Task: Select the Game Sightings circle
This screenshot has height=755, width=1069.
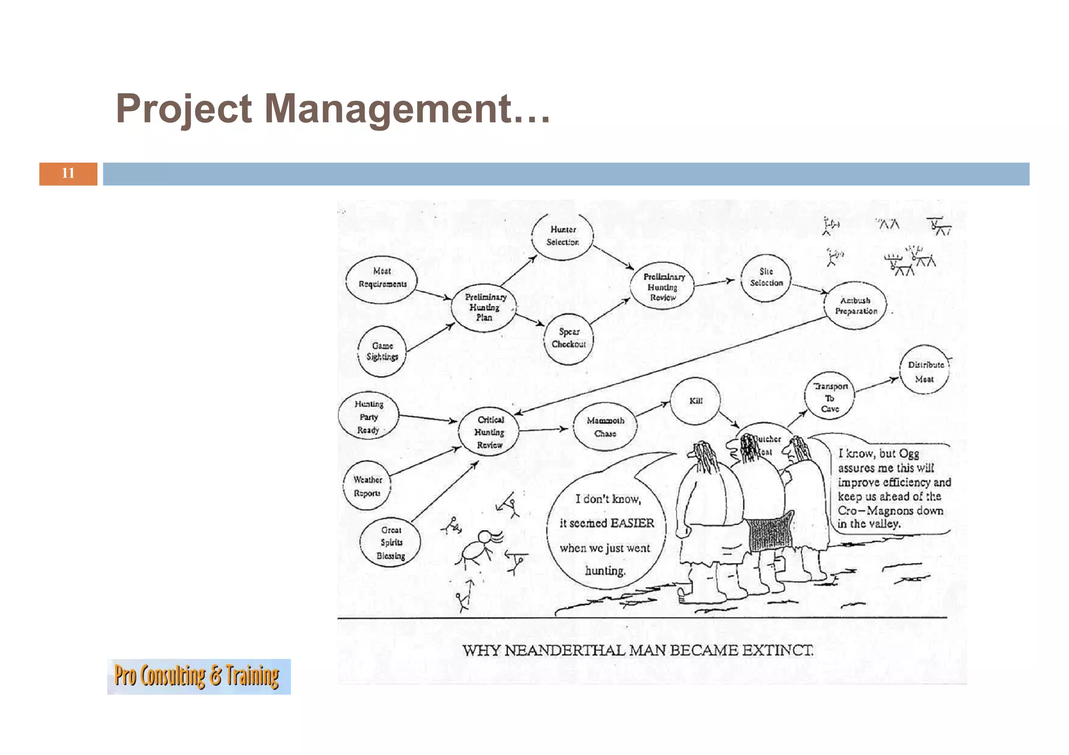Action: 382,351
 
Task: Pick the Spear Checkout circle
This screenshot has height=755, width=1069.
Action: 568,338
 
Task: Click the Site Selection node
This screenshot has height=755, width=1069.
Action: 766,278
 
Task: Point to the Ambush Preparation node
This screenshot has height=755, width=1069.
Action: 856,306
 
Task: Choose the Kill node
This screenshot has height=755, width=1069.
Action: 695,401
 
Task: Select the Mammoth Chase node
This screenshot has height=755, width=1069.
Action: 605,427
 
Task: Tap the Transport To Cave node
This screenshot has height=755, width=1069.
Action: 829,397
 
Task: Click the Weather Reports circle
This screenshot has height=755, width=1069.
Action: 367,486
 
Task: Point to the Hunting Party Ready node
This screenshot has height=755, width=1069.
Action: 369,416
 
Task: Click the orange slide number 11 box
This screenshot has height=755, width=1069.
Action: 68,174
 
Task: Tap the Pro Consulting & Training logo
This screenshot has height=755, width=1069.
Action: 199,676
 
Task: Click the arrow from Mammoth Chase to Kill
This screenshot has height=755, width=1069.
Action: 652,410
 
